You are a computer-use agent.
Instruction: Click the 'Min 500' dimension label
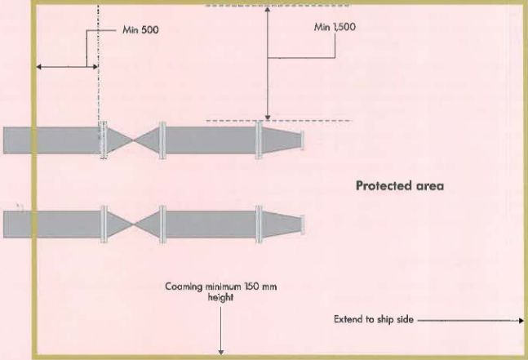coord(140,30)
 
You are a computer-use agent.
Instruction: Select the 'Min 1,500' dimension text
coord(335,26)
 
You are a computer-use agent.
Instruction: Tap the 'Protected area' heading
coord(400,186)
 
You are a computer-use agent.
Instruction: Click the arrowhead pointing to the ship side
coord(520,320)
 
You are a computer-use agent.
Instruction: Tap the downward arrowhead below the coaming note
coord(221,352)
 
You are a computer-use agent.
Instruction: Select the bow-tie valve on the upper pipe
coord(133,140)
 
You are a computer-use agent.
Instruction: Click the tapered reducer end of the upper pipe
coord(282,140)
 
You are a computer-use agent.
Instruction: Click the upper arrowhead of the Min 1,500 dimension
coord(268,10)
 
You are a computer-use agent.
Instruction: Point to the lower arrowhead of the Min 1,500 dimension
coord(268,118)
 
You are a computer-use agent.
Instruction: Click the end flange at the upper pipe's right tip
coord(303,140)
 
